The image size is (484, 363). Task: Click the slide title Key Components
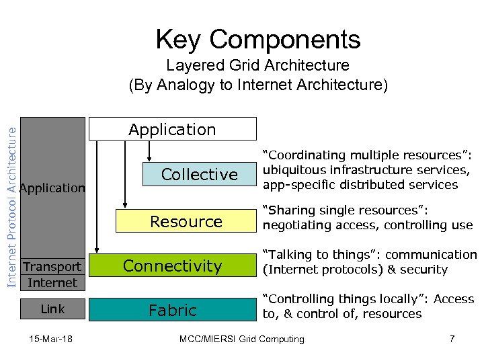click(x=258, y=40)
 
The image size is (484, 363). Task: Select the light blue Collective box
click(x=199, y=175)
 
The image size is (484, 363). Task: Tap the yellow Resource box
click(x=186, y=222)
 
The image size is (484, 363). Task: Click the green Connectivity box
click(x=172, y=266)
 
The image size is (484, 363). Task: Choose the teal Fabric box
click(x=172, y=311)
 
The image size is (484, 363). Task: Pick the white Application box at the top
click(x=173, y=129)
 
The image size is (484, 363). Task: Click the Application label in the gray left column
click(x=52, y=188)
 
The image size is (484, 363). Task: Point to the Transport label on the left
click(x=52, y=267)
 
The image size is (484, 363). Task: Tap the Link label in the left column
click(x=52, y=309)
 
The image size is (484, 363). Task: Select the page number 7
click(x=452, y=339)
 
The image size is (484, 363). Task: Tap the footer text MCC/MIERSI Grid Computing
click(x=242, y=339)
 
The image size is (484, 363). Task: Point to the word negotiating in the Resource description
click(x=294, y=225)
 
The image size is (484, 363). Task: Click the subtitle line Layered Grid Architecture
click(x=258, y=66)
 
